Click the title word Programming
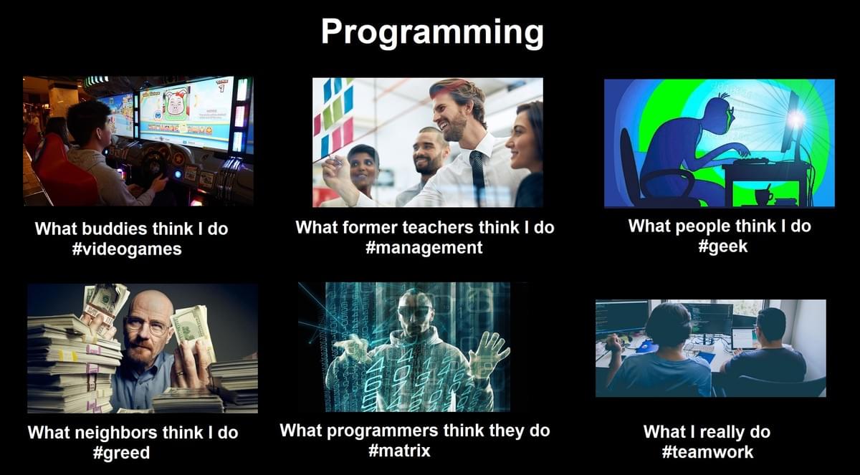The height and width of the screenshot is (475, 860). [432, 34]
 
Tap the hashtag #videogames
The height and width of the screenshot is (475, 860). [127, 249]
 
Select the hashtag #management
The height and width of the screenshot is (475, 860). [424, 247]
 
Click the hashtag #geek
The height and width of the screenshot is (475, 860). [723, 246]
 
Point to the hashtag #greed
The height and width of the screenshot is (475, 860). [121, 453]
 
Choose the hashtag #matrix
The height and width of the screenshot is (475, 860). [399, 450]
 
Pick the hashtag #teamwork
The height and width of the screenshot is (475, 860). [707, 451]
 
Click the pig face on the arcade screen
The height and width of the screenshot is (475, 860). [178, 102]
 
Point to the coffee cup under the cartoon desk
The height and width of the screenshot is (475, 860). [764, 196]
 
